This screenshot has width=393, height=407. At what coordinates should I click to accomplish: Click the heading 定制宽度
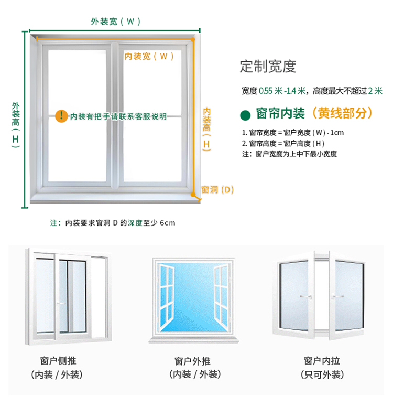[268, 67]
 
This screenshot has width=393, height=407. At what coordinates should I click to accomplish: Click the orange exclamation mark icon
[62, 115]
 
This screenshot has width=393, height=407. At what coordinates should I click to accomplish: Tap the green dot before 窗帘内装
[244, 114]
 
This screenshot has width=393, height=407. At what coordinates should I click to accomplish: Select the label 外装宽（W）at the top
[115, 22]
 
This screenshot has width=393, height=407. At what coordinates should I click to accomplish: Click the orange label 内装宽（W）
[149, 56]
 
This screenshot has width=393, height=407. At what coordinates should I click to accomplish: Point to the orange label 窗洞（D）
[217, 190]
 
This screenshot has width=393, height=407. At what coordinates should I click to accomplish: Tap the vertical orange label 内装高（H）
[206, 128]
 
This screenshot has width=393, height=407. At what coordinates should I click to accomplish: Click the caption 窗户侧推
[58, 361]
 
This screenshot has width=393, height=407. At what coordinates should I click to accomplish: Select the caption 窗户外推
[192, 361]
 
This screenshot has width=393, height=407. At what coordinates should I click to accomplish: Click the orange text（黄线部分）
[341, 113]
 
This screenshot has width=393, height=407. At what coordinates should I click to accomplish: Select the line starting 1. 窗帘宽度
[292, 132]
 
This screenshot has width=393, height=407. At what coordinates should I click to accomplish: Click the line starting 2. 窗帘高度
[283, 143]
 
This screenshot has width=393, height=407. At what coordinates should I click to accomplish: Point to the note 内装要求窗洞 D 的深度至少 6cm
[112, 223]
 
